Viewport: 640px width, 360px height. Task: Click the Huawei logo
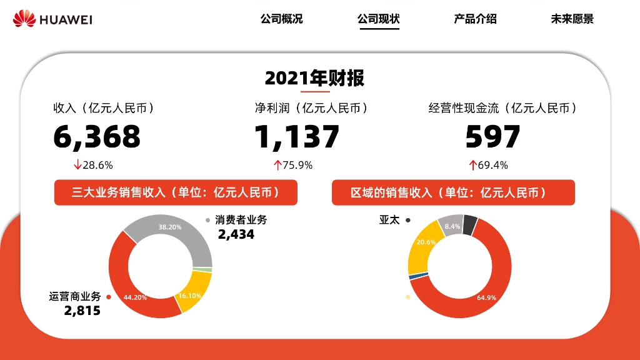(52, 19)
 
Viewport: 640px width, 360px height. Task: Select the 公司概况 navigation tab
(281, 19)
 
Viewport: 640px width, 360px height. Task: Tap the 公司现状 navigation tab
(378, 19)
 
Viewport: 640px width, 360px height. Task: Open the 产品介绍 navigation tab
(475, 19)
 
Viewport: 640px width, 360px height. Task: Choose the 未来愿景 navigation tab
(572, 19)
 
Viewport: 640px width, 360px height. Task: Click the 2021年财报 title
(314, 78)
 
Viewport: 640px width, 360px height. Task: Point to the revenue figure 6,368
(97, 137)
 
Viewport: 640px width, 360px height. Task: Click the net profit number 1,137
(297, 137)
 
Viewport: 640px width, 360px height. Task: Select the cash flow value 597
(492, 137)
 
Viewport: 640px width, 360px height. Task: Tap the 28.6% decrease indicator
(94, 166)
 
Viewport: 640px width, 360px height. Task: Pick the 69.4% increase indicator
(489, 166)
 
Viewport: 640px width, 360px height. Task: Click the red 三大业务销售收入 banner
(176, 192)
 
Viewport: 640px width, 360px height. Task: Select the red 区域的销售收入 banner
(453, 192)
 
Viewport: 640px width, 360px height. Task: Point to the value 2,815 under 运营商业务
(82, 311)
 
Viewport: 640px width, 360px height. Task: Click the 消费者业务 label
(241, 220)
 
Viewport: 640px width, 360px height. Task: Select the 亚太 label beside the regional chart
(389, 220)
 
